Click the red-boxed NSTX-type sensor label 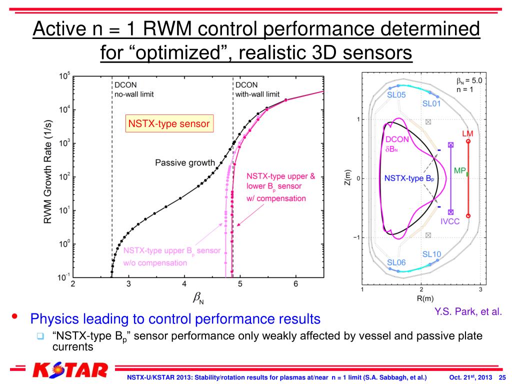[x=169, y=123]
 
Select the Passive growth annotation [x=185, y=162]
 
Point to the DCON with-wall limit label [x=257, y=89]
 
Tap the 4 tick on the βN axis [x=184, y=284]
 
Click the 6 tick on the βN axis [x=295, y=284]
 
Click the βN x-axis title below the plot [x=198, y=299]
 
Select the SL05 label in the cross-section [x=396, y=94]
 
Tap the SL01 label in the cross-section [x=432, y=104]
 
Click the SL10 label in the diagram [x=431, y=254]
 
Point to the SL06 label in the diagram [x=396, y=262]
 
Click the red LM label [x=467, y=134]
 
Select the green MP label [x=459, y=170]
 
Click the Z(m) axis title [x=348, y=178]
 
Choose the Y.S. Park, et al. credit [x=467, y=312]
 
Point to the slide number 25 [x=502, y=376]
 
